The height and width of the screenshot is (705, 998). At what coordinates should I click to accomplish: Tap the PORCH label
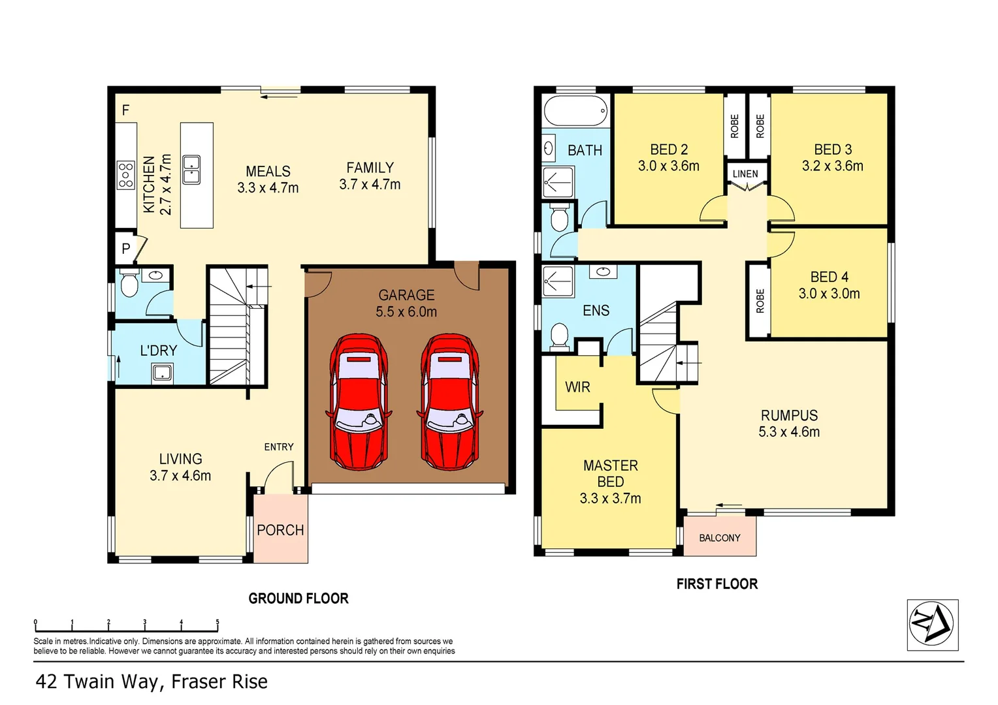tap(280, 530)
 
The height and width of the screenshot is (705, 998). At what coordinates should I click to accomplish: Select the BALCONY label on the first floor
tap(719, 538)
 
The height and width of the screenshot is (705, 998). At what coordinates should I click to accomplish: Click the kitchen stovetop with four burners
tap(125, 175)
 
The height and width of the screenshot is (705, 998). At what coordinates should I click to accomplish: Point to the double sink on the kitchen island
tap(191, 170)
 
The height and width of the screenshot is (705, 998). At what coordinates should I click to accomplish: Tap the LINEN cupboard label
tap(745, 174)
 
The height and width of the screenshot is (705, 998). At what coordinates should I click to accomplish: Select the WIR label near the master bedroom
tap(577, 387)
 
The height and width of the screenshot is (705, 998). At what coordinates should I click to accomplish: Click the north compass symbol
tap(932, 625)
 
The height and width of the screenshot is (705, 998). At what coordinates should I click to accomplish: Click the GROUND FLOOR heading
tap(298, 598)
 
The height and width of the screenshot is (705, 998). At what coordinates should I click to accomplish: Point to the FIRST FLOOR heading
tap(716, 584)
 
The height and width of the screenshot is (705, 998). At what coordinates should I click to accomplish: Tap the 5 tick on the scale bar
tap(217, 623)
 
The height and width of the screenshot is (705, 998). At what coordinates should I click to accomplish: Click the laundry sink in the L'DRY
tap(161, 373)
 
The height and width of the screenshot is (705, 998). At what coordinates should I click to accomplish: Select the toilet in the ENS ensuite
tap(559, 336)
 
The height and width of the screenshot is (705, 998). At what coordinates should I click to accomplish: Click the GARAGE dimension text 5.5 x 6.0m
tap(406, 312)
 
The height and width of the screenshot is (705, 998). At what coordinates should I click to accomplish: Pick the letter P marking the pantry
tap(126, 249)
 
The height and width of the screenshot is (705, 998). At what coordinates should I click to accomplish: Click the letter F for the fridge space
tap(125, 110)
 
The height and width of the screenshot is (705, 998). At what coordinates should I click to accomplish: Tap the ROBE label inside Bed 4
tap(760, 301)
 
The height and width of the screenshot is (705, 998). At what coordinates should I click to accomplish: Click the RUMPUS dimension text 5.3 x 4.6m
tap(789, 431)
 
